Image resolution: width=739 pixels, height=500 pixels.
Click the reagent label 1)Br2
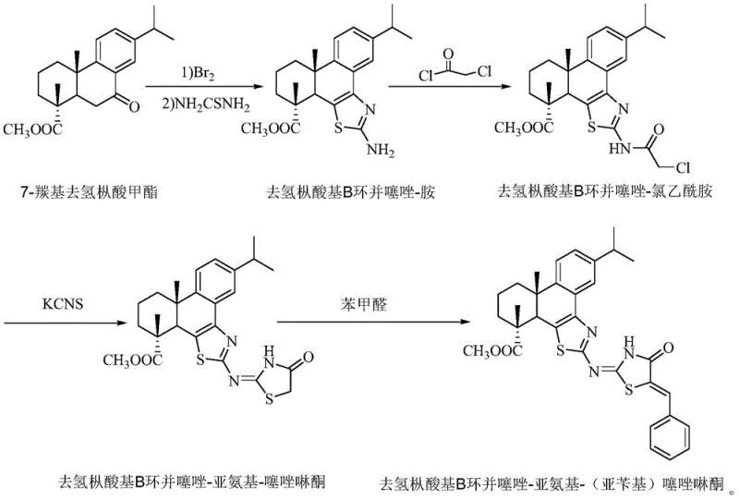tap(200, 69)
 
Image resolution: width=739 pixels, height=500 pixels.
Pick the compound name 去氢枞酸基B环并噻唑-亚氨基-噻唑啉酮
tap(189, 481)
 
